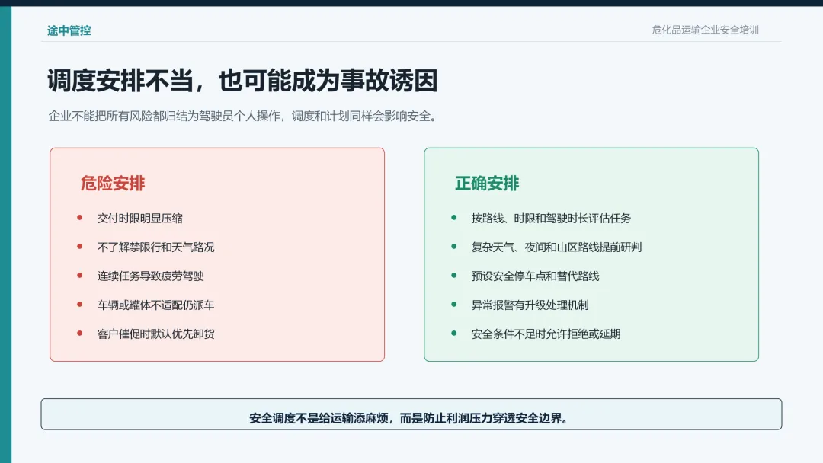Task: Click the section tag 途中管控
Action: point(69,30)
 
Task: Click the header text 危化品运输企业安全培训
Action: point(705,30)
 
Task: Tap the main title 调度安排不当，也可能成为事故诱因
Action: point(242,81)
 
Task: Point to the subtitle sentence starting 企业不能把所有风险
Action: point(242,116)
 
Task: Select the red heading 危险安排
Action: point(112,183)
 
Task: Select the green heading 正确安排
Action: point(486,183)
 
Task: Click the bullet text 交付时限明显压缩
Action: point(139,218)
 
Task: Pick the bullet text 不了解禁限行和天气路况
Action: point(155,247)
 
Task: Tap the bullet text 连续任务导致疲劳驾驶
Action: point(150,276)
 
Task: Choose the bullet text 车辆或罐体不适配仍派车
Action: point(155,305)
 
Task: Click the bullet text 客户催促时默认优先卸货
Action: point(155,334)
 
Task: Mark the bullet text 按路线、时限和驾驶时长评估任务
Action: point(551,218)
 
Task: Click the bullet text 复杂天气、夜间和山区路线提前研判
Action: point(556,247)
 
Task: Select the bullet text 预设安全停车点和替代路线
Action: point(535,276)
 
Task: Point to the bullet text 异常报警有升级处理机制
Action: point(530,305)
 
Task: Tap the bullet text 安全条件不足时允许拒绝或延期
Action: point(546,334)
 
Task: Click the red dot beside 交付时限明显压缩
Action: point(80,218)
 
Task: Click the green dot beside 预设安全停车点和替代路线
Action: point(454,275)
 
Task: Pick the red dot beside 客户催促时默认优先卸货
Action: point(80,333)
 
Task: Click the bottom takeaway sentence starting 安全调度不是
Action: point(410,418)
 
